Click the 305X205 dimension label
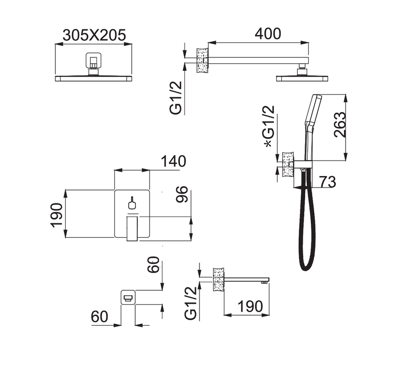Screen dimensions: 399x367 tap(94, 35)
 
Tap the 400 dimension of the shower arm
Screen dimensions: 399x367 tap(268, 33)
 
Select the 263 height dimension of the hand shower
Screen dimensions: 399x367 tap(340, 125)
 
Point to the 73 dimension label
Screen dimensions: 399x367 tap(328, 182)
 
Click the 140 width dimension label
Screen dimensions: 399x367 tap(174, 161)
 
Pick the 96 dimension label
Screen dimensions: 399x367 tap(182, 194)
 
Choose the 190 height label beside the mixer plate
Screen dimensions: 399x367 tap(56, 215)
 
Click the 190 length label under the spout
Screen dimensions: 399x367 tap(250, 306)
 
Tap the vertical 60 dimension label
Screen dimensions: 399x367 tap(154, 265)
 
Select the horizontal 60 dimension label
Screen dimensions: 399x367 tap(99, 317)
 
